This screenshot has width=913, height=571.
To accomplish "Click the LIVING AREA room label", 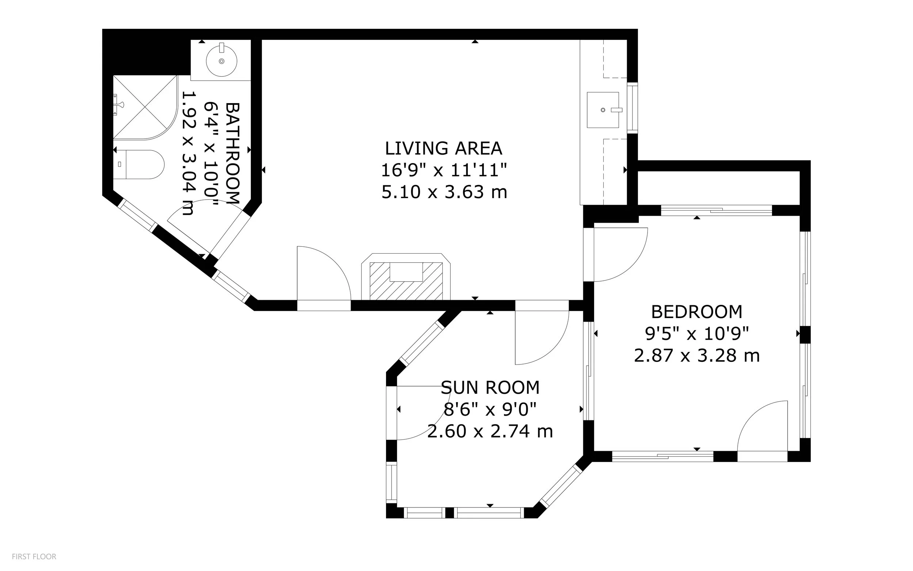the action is tap(444, 148).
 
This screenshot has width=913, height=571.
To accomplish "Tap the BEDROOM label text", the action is tap(697, 312).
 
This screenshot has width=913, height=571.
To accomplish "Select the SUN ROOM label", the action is tap(490, 387).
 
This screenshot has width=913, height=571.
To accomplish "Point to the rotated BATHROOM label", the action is tap(232, 153).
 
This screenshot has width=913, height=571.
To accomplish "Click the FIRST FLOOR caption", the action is tap(34, 556).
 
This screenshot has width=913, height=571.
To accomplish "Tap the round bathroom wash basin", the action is tap(221, 60).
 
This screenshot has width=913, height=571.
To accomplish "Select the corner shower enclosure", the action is tap(145, 107).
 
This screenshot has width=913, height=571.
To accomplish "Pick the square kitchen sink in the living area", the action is tap(603, 110).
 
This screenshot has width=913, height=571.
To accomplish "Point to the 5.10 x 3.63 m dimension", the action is tap(444, 192).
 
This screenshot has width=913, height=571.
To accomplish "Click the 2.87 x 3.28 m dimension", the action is tap(696, 356).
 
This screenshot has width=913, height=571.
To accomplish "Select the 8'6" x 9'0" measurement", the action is tap(490, 409).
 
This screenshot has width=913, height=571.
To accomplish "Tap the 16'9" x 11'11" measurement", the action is tap(444, 170).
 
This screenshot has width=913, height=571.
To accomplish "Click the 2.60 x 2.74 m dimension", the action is tap(490, 431).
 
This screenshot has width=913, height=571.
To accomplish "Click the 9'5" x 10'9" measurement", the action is tap(697, 333).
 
